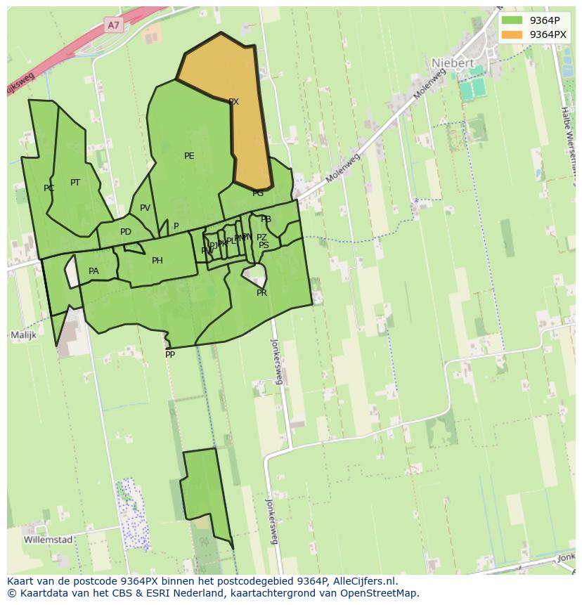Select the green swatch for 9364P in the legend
pyautogui.click(x=512, y=20)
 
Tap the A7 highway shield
pyautogui.click(x=114, y=25)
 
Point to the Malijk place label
pyautogui.click(x=23, y=335)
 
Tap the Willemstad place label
pyautogui.click(x=48, y=540)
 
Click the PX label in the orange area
pyautogui.click(x=233, y=102)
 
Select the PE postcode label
pyautogui.click(x=189, y=156)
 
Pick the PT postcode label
pyautogui.click(x=75, y=183)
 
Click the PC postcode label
pyautogui.click(x=48, y=188)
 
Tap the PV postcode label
pyautogui.click(x=145, y=208)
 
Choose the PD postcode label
pyautogui.click(x=125, y=232)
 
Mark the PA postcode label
pyautogui.click(x=93, y=271)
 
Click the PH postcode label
pyautogui.click(x=157, y=261)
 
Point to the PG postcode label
pyautogui.click(x=258, y=193)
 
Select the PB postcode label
pyautogui.click(x=266, y=220)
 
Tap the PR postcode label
pyautogui.click(x=261, y=293)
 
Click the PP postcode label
pyautogui.click(x=170, y=355)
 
